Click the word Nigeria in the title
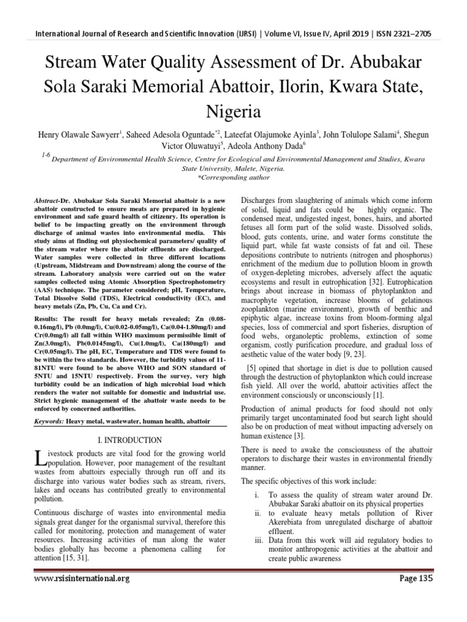(234, 112)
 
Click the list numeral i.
(258, 495)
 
